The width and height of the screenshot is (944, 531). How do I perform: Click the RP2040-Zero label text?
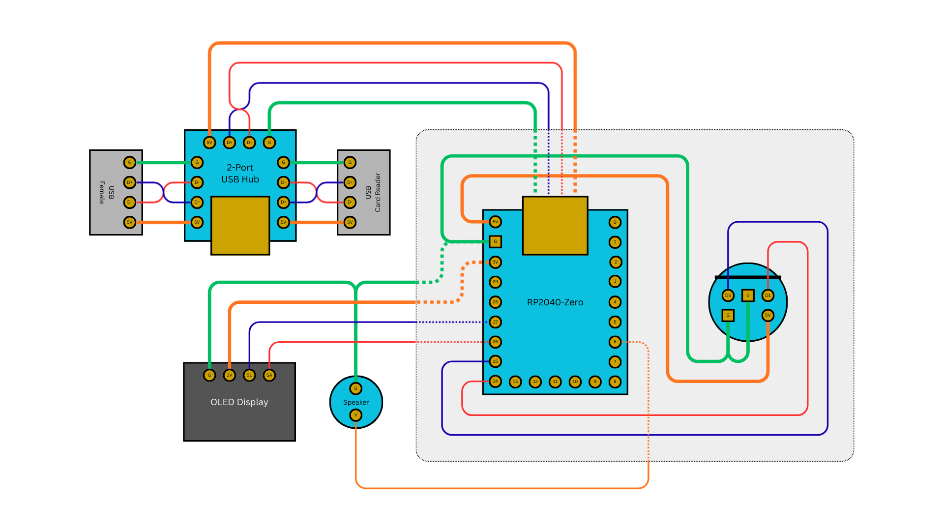[x=555, y=302]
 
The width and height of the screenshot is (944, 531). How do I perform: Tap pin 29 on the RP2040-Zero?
[x=495, y=282]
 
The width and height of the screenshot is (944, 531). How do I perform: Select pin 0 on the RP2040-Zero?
[x=615, y=222]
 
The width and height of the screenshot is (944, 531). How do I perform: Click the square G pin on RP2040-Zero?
[x=495, y=241]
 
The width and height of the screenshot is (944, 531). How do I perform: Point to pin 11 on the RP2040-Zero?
[x=555, y=382]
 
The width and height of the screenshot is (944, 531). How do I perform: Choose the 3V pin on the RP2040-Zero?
[x=495, y=262]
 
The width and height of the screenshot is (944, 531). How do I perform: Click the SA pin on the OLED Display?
[x=269, y=375]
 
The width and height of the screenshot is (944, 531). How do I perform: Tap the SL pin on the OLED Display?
[x=249, y=375]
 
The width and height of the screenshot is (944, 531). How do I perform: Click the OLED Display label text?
[x=239, y=402]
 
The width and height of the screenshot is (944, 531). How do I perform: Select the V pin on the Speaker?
[x=355, y=415]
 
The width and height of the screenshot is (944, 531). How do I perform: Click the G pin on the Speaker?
[x=355, y=388]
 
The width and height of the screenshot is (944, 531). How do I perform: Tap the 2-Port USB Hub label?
[x=240, y=174]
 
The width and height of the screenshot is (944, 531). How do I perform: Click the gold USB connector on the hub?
[x=240, y=225]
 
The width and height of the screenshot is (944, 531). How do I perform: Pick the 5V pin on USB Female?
[x=129, y=222]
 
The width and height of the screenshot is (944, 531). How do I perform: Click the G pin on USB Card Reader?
[x=350, y=162]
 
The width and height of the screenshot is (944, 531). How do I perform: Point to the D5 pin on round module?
[x=728, y=295]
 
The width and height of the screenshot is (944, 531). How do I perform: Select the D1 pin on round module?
[x=767, y=295]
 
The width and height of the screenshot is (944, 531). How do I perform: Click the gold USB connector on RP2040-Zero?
[x=555, y=226]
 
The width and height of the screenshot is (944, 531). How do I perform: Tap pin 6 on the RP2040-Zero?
[x=615, y=342]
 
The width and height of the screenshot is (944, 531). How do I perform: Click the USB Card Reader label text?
[x=373, y=192]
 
